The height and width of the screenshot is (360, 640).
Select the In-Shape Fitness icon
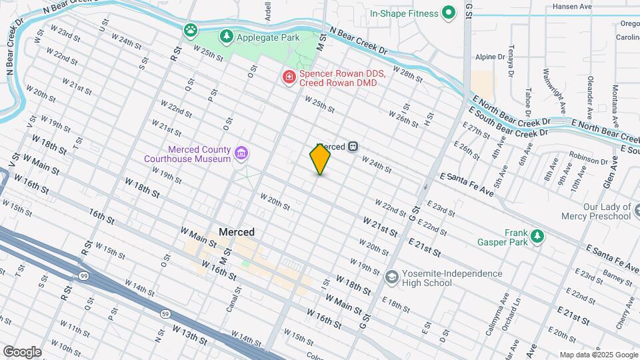pyautogui.click(x=449, y=13)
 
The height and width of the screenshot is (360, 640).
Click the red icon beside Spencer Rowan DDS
pyautogui.click(x=289, y=77)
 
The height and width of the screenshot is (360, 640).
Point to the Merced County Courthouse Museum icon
pyautogui.click(x=242, y=154)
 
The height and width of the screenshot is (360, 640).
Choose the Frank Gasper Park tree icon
pyautogui.click(x=535, y=236)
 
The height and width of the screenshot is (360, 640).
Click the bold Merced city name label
pyautogui.click(x=236, y=232)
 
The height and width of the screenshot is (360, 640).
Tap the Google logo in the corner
pyautogui.click(x=21, y=351)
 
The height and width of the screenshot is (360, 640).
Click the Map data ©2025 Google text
pyautogui.click(x=598, y=355)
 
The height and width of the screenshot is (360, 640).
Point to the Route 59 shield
pyautogui.click(x=165, y=312)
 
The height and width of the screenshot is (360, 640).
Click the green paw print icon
pyautogui.click(x=191, y=30)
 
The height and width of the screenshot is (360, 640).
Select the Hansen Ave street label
pyautogui.click(x=572, y=7)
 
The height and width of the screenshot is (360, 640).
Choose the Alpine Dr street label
pyautogui.click(x=490, y=57)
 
